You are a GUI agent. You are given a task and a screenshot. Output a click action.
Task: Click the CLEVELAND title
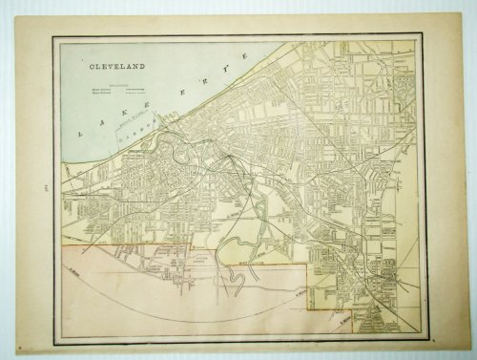point(113,69)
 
